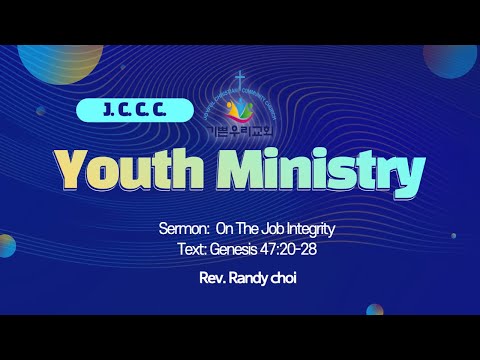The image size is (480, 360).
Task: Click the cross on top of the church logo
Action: pos(240,77)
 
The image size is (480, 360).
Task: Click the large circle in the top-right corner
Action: pos(455,58)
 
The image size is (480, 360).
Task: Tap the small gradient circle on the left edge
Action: pos(5,246)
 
